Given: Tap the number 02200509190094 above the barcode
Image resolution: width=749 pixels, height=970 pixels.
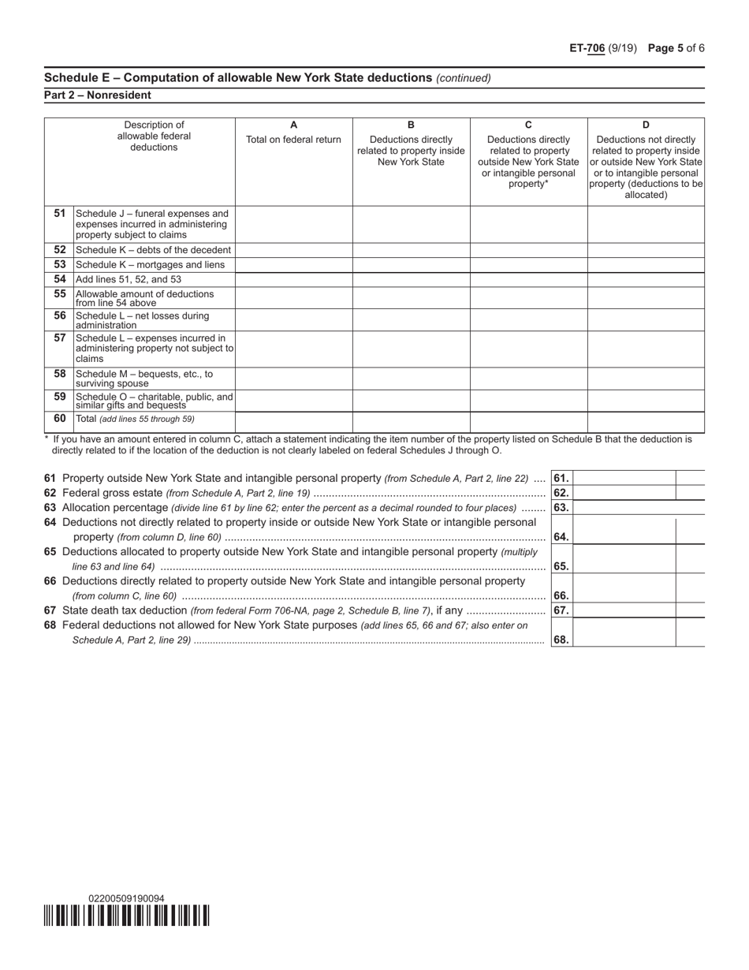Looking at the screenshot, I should pos(127,898).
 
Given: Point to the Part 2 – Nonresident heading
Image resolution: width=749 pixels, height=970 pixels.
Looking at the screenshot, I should pos(98,95).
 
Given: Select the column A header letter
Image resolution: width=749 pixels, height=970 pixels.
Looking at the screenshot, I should pos(293,125).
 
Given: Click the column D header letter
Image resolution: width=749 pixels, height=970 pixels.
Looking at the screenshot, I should pos(646,125).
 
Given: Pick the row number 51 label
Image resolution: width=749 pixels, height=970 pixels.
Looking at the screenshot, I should pos(59,214).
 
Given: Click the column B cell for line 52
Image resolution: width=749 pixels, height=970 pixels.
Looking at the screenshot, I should pos(411,250).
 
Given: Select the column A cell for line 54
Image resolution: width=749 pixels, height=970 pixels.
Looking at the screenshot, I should pos(293,279).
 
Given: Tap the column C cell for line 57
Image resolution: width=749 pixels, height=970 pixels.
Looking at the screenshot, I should pos(528,349).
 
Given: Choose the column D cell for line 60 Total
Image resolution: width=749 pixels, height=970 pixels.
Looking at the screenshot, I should pos(646,422).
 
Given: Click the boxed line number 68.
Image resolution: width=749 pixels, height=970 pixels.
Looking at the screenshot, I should pos(561,640).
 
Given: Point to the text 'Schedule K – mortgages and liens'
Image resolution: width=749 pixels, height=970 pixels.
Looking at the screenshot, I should pos(150,265).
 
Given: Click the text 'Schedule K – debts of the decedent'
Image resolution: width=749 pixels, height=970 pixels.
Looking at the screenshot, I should pos(153,250).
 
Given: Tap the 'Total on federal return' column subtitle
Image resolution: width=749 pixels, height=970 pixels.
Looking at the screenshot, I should pos(293,140).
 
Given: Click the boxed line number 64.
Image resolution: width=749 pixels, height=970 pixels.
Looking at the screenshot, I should pos(561,537).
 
